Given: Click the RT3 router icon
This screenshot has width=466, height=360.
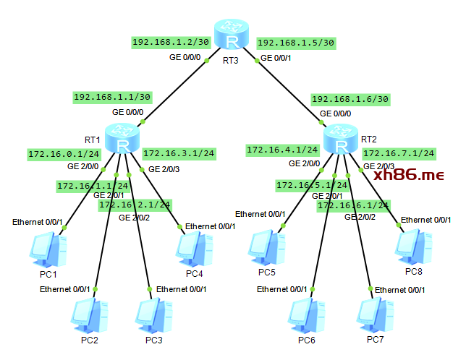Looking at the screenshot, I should click(x=232, y=35).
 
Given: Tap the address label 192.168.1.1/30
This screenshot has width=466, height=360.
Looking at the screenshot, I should click(x=112, y=97).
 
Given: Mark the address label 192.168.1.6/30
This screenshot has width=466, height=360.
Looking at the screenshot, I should click(x=349, y=98).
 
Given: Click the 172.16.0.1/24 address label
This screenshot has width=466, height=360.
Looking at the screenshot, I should click(x=64, y=154).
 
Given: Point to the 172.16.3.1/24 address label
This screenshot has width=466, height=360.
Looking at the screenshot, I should click(x=179, y=153).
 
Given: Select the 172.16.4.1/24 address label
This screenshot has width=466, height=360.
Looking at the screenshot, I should click(x=283, y=150).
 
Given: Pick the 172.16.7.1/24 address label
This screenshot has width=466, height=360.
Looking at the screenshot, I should click(x=399, y=153).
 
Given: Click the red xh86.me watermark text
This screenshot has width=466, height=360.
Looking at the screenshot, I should click(x=409, y=175).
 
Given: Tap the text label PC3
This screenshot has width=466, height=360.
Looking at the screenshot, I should click(x=154, y=340).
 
